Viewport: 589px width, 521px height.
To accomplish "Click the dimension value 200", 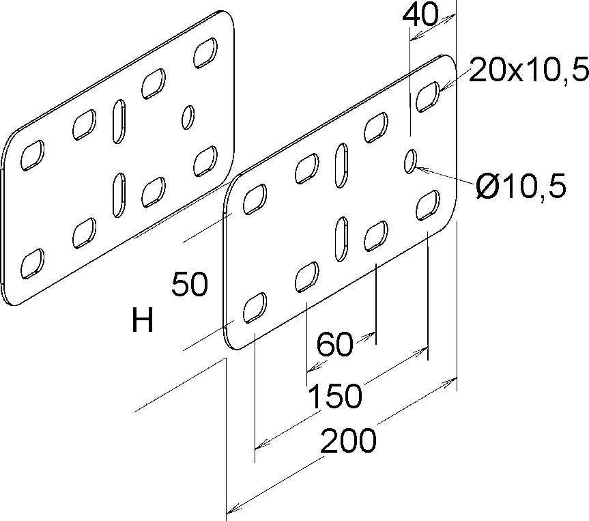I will (348, 441).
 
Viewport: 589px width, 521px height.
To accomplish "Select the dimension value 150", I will (334, 395).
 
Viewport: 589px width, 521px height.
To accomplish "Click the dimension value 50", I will (189, 285).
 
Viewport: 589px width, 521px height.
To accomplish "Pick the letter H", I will (142, 320).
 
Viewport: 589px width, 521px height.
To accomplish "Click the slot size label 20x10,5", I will (520, 70).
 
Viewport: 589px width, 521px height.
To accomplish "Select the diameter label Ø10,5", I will (521, 186).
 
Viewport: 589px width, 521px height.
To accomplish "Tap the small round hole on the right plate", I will (410, 161).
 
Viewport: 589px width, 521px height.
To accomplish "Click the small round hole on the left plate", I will (188, 116).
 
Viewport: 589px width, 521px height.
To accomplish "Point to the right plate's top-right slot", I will (427, 96).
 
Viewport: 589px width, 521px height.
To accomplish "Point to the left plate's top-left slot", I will (31, 156).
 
